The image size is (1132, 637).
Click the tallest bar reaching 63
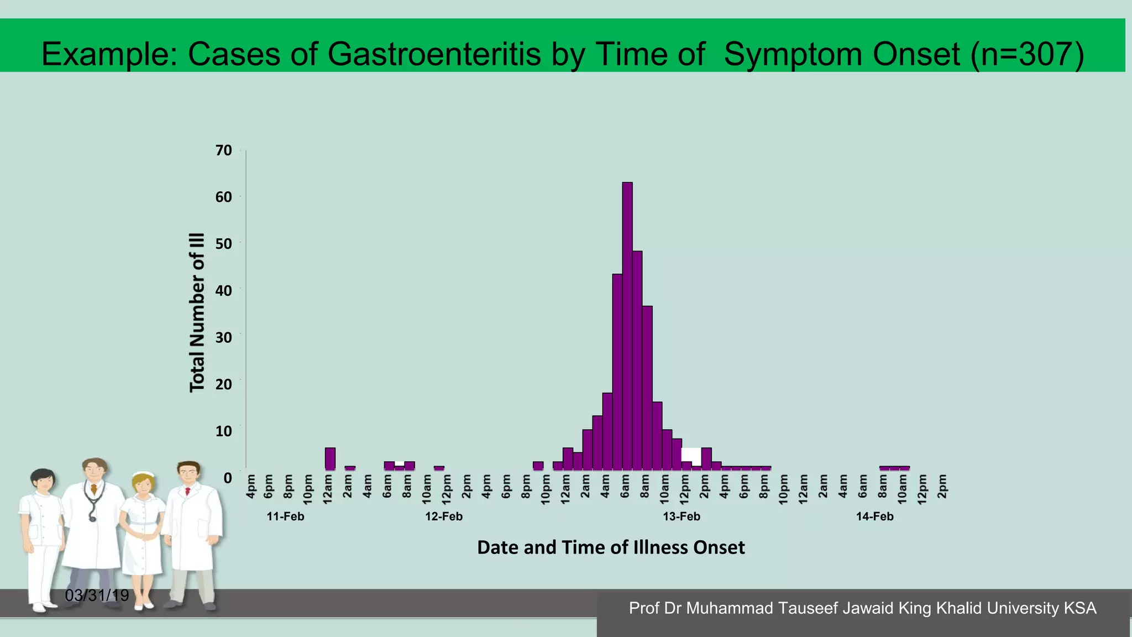(x=627, y=326)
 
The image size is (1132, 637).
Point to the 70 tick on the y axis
(x=224, y=150)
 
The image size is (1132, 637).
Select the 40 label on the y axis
(x=224, y=290)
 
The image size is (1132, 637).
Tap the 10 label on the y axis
(x=224, y=431)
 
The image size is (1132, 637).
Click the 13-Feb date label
(x=682, y=516)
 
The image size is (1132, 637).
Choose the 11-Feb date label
(x=285, y=516)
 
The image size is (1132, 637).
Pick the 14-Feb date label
(x=874, y=516)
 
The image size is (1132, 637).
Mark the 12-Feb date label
(x=443, y=516)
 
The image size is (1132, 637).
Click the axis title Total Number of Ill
(x=197, y=312)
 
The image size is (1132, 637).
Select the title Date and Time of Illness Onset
(x=611, y=547)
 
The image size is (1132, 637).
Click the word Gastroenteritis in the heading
(x=434, y=54)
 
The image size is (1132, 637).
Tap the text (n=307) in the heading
(x=1027, y=54)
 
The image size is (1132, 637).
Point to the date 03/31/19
(x=97, y=596)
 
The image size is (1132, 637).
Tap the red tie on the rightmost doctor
(x=188, y=490)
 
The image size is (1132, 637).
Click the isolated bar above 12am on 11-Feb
(x=330, y=459)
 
